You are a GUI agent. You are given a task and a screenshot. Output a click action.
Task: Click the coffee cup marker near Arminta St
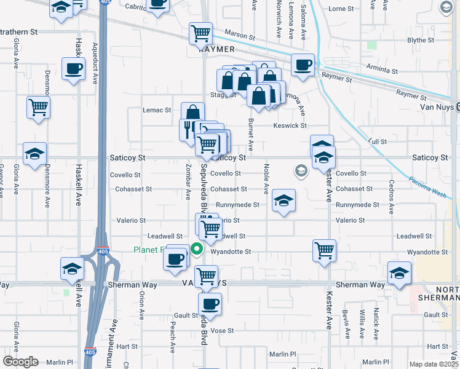coord(302,65)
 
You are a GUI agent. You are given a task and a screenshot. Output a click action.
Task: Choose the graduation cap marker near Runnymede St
coord(284,200)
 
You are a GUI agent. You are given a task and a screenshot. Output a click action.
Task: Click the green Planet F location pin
coord(197,249)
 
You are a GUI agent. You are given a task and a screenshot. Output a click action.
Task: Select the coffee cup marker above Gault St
coord(210,304)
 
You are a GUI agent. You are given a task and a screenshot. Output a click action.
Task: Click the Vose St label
coord(223,330)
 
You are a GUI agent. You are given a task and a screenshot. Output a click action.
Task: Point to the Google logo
coord(20,362)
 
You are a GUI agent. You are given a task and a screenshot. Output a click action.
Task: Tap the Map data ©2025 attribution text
coord(433,364)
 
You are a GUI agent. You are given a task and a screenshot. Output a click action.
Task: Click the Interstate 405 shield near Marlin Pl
coord(90,352)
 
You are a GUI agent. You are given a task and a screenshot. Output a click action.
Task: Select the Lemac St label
coord(156,110)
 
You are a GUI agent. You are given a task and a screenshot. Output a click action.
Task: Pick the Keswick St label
coord(290,125)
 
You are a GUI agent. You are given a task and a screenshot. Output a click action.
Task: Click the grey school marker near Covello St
coord(301,170)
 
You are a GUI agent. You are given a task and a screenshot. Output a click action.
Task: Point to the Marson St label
coord(239,35)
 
